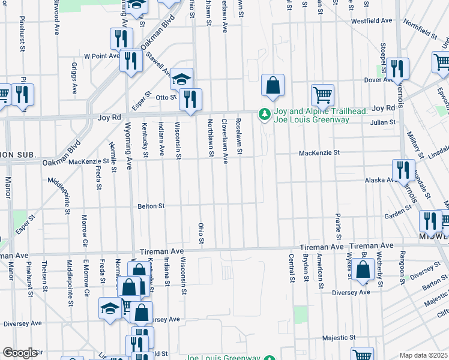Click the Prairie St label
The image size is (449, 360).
(339, 223)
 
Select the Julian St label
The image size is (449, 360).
(384, 122)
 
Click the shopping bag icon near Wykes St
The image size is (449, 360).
(364, 270)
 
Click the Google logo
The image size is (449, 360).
(20, 353)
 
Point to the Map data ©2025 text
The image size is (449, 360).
(423, 355)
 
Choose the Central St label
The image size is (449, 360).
(291, 268)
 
